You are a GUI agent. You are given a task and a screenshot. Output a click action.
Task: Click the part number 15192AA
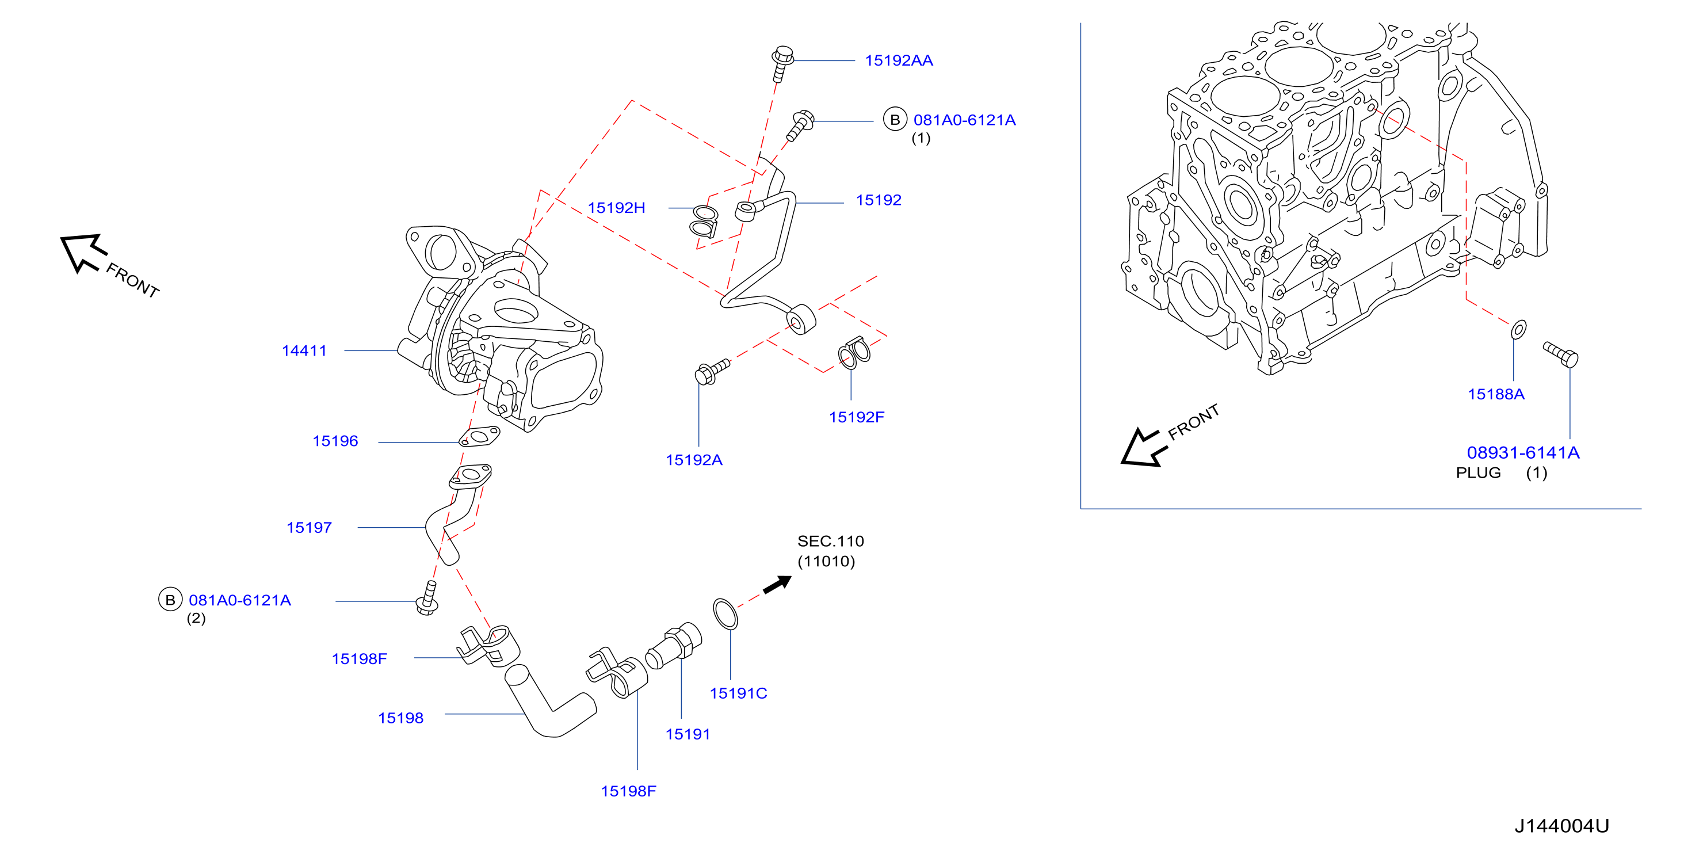899,61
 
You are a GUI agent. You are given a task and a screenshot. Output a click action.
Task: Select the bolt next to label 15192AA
782,63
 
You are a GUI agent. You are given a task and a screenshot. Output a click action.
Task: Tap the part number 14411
304,351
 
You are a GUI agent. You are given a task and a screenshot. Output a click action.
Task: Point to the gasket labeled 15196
479,437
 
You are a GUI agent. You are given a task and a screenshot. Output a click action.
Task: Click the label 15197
309,528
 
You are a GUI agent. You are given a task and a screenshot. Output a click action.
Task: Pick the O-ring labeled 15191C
725,613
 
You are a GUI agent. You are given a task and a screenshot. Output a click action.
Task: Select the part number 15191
688,734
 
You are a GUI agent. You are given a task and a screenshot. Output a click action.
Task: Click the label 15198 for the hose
401,718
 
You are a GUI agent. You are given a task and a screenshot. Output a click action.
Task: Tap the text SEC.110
831,542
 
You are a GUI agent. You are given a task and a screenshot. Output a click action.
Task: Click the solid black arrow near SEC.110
777,584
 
